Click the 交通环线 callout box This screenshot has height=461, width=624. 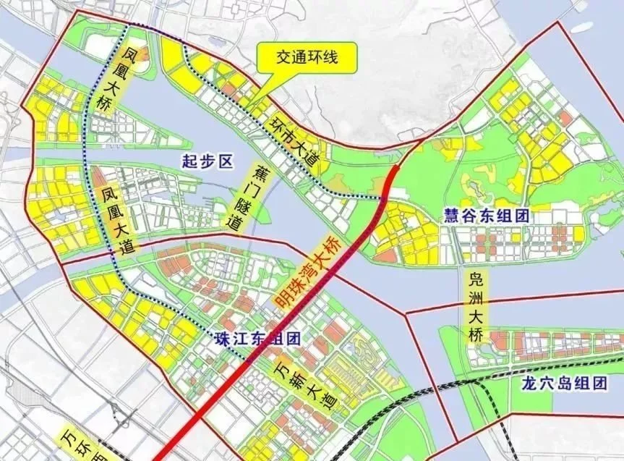[x=307, y=57]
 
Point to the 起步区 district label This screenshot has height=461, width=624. [x=207, y=161]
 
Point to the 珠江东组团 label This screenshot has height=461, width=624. [x=257, y=339]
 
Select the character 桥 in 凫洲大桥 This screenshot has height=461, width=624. [x=478, y=337]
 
